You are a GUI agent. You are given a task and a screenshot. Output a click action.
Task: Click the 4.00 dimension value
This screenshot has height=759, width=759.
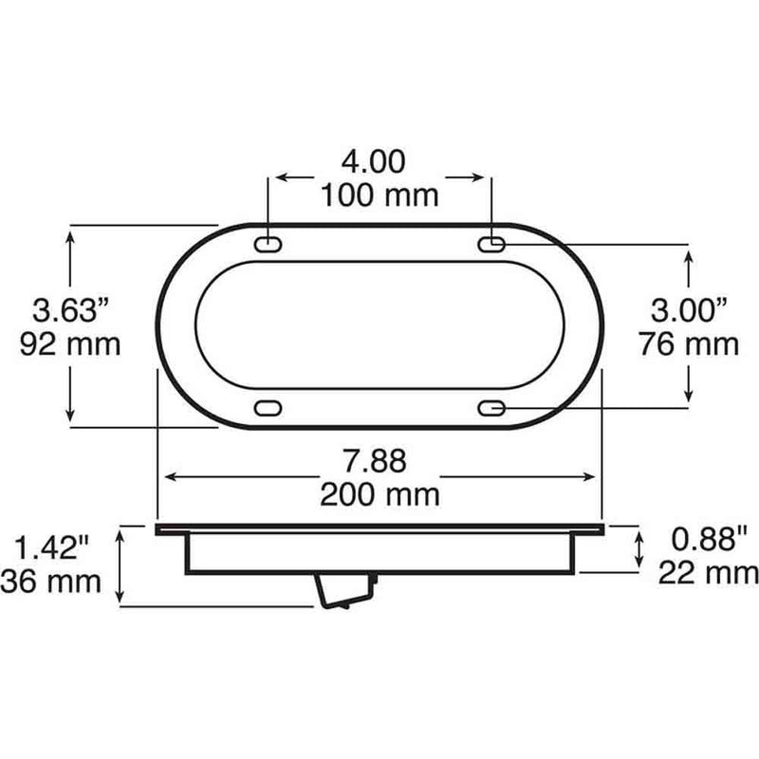[373, 162]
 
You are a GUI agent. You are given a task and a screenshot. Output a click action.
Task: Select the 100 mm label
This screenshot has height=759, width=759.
[379, 195]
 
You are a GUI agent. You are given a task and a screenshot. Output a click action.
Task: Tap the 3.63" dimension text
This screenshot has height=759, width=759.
[70, 310]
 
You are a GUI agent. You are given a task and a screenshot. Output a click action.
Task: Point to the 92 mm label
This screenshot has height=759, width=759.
[70, 344]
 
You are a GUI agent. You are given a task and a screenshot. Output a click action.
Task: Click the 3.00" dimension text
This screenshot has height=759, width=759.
[689, 310]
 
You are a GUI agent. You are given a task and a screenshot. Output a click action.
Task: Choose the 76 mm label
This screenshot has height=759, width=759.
[689, 344]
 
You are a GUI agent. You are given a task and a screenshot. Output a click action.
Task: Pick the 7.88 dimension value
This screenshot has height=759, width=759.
[375, 461]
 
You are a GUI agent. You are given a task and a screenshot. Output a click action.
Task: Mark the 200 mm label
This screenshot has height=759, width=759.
[380, 494]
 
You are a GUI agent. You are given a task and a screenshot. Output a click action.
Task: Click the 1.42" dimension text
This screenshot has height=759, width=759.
[52, 547]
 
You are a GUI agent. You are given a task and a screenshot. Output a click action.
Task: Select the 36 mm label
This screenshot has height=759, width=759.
[51, 582]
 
